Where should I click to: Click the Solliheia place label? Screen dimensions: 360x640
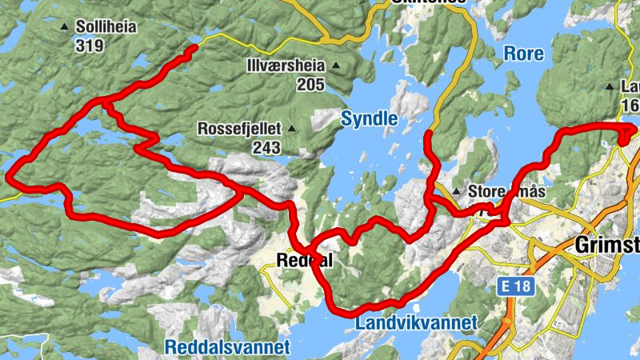click(x=106, y=26)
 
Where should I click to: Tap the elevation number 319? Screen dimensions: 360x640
click(x=90, y=46)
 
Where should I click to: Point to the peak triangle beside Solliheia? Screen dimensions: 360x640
click(x=65, y=27)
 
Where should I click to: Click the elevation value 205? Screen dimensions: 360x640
click(x=309, y=84)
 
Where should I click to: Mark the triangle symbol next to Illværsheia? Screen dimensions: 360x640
click(x=336, y=66)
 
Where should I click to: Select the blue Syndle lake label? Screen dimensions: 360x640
click(x=369, y=119)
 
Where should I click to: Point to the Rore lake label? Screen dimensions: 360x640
click(x=524, y=54)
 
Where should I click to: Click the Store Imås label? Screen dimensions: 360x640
click(x=506, y=192)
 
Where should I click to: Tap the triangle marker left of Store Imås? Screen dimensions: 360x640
click(x=456, y=192)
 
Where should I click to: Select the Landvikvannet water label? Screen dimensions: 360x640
click(x=415, y=322)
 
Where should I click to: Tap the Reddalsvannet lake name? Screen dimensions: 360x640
click(x=226, y=346)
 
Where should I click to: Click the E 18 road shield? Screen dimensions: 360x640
click(x=510, y=285)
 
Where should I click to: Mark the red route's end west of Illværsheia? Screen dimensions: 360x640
click(x=194, y=50)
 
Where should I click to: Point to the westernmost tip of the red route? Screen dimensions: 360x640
click(x=9, y=175)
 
